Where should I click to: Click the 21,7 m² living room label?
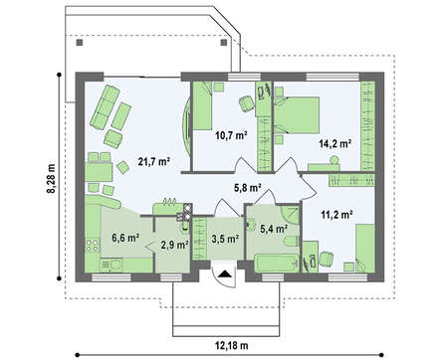click(153, 162)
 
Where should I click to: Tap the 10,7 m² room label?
click(231, 135)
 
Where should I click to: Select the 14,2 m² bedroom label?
click(335, 143)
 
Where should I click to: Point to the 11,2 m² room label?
click(336, 215)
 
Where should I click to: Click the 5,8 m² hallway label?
click(247, 188)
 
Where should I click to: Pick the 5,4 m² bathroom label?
click(274, 229)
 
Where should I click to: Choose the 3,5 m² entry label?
click(225, 238)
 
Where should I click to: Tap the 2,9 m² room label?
click(174, 245)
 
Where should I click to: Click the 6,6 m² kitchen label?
click(125, 238)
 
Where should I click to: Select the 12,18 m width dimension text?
click(232, 346)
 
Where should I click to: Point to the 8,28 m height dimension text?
click(53, 178)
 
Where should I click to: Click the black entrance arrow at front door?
click(225, 274)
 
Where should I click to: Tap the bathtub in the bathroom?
click(277, 264)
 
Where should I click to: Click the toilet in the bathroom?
click(292, 242)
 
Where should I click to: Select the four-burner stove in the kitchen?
click(93, 245)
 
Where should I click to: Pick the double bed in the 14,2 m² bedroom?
click(297, 115)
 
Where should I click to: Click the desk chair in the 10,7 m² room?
click(246, 103)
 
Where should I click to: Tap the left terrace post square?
click(80, 43)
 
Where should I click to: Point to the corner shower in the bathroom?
click(291, 215)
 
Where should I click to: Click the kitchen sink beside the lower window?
click(111, 265)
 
